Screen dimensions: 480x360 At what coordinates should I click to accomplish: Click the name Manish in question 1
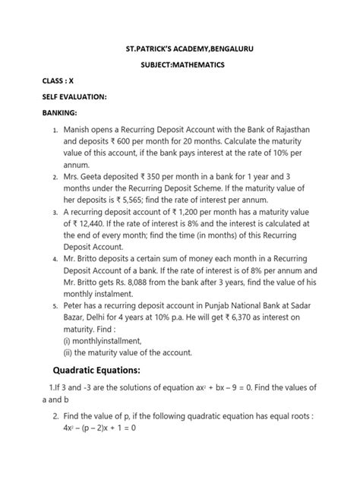tap(81, 130)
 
